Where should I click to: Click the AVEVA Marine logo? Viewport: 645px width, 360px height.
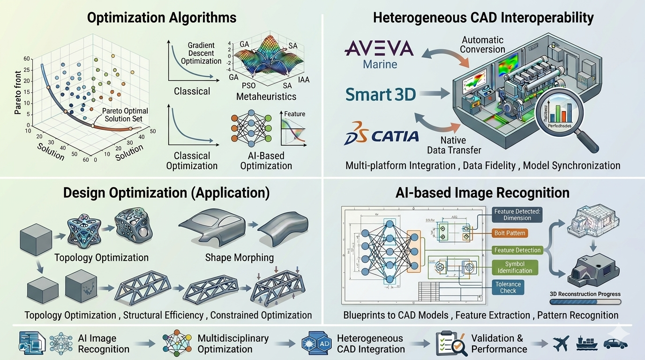click(x=379, y=54)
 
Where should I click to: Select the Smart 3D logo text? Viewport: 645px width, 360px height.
click(x=381, y=95)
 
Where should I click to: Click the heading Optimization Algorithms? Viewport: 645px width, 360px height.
click(x=162, y=18)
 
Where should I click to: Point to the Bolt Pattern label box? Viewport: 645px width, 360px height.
click(x=510, y=233)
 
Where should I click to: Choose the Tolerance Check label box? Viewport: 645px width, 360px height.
click(x=508, y=287)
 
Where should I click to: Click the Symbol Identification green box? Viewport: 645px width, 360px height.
click(x=515, y=267)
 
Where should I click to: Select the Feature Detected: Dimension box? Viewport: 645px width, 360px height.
click(x=517, y=215)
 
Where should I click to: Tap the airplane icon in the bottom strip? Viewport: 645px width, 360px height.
click(x=561, y=344)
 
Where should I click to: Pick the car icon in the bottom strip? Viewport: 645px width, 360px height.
click(x=615, y=344)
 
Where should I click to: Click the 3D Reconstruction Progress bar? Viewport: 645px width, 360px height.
click(x=585, y=302)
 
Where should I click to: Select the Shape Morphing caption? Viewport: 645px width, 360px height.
click(x=240, y=257)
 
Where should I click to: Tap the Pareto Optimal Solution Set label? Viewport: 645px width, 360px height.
click(x=125, y=115)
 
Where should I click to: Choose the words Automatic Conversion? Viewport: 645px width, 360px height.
click(x=482, y=45)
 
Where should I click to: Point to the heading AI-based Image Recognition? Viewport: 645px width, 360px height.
click(x=482, y=193)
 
